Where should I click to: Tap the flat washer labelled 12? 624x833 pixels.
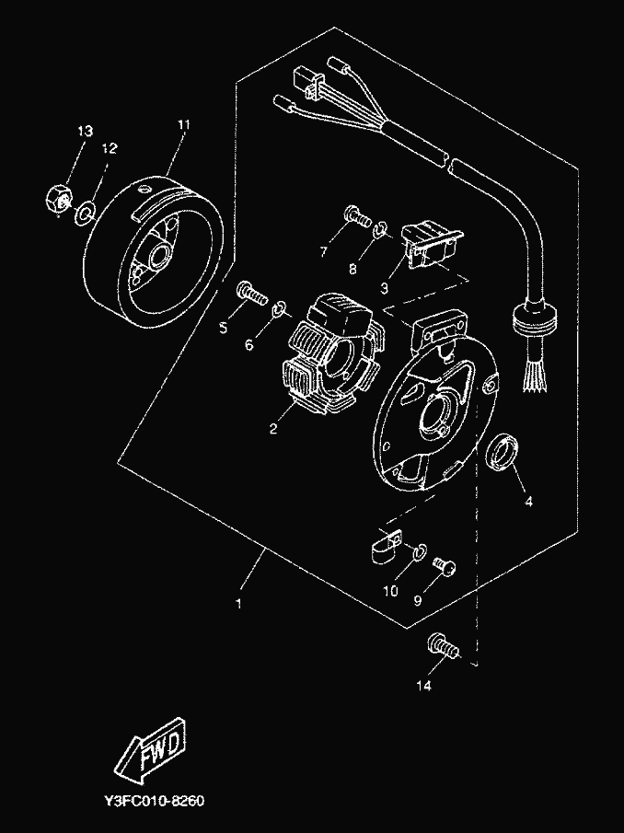pyautogui.click(x=85, y=213)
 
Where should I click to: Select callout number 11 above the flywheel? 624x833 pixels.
pyautogui.click(x=183, y=125)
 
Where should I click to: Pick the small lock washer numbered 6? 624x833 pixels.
pyautogui.click(x=280, y=307)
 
